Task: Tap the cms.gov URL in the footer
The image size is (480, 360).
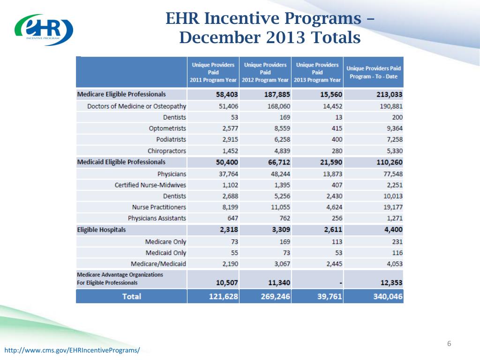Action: [72, 350]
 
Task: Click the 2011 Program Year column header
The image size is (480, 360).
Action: [213, 72]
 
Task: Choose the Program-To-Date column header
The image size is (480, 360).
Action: [374, 72]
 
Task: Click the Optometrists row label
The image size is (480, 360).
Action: [168, 128]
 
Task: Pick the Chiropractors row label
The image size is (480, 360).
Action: [167, 151]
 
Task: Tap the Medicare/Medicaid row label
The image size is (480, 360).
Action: [158, 264]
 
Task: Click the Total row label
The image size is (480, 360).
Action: [131, 296]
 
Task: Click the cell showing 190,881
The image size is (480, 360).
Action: [391, 106]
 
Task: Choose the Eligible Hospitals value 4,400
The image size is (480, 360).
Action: [391, 230]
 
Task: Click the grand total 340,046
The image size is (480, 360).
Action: [387, 296]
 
